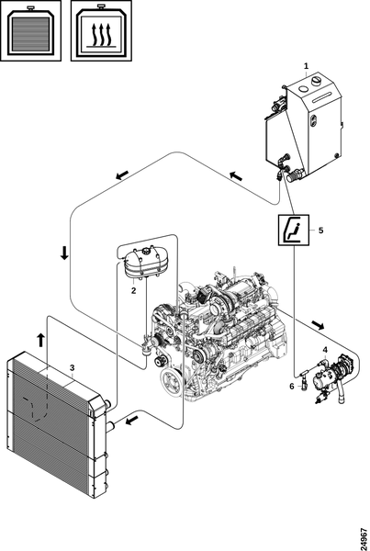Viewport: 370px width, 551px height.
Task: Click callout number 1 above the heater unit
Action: click(306, 66)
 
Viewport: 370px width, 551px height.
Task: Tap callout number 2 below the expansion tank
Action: click(133, 291)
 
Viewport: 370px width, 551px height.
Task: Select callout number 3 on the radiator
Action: click(72, 368)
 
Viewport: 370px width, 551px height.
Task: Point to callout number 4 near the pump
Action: click(325, 350)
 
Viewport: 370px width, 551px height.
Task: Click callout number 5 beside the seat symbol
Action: click(320, 231)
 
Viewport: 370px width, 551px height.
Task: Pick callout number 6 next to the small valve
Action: click(292, 387)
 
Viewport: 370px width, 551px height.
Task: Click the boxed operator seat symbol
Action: click(294, 230)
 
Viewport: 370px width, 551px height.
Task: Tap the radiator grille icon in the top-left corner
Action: click(31, 30)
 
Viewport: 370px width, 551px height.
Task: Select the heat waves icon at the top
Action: click(101, 30)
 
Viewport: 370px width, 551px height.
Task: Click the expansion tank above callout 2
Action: click(144, 262)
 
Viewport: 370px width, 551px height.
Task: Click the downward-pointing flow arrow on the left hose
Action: click(64, 253)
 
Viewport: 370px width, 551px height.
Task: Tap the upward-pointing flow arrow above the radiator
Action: click(40, 340)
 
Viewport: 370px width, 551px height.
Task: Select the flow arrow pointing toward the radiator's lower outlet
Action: click(132, 420)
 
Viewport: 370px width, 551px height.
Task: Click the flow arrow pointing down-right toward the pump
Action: click(319, 325)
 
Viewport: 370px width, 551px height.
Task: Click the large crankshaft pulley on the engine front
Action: click(172, 382)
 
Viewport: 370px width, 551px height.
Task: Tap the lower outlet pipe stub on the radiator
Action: click(110, 426)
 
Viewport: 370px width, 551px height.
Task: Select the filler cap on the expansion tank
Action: click(144, 252)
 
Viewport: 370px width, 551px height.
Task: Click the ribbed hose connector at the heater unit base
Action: click(295, 174)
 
